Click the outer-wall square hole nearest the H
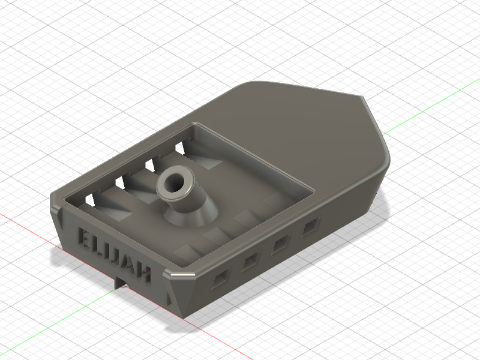pos(221,278)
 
